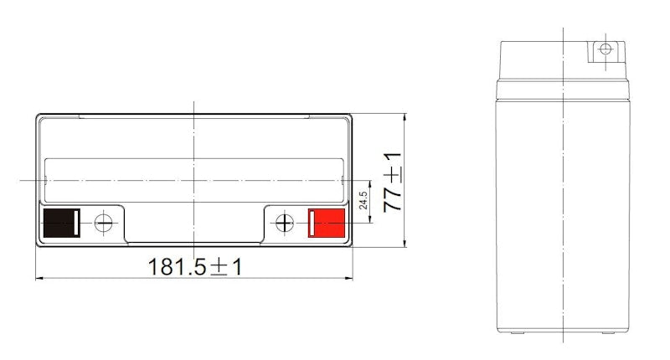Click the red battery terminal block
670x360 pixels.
(x=327, y=223)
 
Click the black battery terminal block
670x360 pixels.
(x=61, y=223)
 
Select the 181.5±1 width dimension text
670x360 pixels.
(x=195, y=266)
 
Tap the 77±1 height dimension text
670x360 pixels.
(x=392, y=182)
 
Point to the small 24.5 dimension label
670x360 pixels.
(x=363, y=200)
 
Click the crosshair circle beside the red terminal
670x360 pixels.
(x=285, y=223)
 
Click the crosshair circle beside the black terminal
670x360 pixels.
(x=103, y=223)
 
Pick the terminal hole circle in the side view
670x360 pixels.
(x=606, y=49)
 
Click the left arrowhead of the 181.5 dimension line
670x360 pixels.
(x=39, y=279)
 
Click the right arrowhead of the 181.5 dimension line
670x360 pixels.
(x=348, y=279)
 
